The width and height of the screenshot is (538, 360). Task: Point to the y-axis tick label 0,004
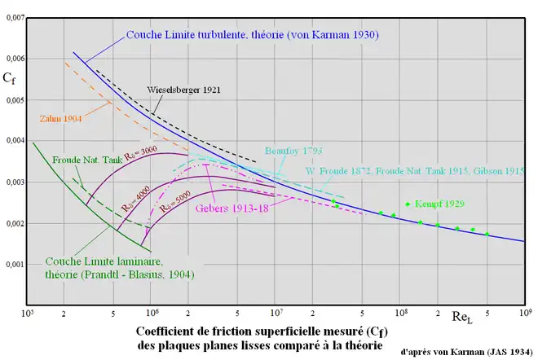click(13, 141)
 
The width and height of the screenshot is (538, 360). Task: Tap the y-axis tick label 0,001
click(13, 265)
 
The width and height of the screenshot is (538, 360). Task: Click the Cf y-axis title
click(11, 80)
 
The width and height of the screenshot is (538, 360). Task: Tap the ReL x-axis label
click(464, 315)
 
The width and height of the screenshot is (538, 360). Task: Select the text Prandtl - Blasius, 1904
click(140, 274)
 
